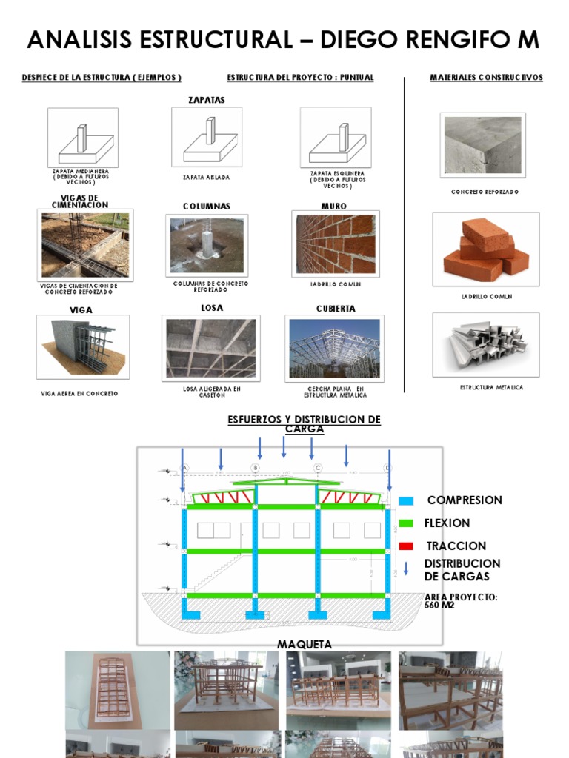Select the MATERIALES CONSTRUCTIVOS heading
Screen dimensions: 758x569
point(486,77)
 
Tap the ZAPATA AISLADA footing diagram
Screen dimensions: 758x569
point(207,138)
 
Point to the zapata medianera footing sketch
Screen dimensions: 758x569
point(83,138)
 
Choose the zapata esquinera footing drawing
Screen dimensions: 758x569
point(336,138)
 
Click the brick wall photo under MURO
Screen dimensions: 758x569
point(336,244)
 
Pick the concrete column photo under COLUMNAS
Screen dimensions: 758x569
point(207,245)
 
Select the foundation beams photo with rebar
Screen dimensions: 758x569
point(85,245)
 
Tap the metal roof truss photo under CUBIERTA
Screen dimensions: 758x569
point(334,348)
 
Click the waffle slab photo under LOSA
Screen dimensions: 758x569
point(210,348)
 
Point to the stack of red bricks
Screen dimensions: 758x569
point(486,249)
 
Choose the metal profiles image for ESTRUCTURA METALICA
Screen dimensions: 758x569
point(486,345)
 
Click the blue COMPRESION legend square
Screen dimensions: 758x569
point(405,500)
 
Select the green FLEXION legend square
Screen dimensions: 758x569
point(405,523)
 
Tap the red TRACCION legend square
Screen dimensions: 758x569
point(405,546)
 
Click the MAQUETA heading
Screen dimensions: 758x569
point(305,645)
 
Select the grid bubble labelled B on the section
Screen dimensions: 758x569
point(255,468)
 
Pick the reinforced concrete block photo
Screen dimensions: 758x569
point(482,144)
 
